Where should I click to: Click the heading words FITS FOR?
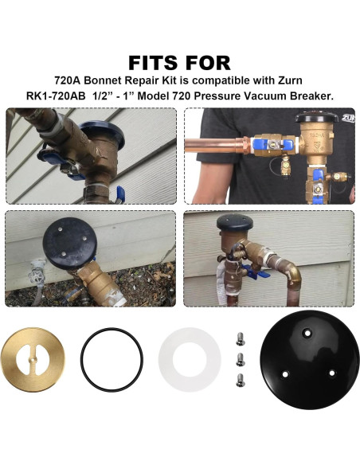coord(179,62)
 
